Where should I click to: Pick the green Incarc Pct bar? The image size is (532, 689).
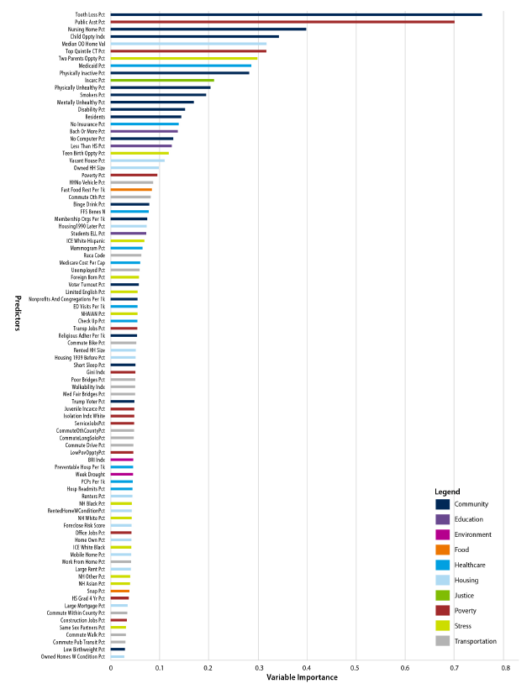(x=162, y=80)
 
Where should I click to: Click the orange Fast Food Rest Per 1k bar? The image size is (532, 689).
(x=131, y=190)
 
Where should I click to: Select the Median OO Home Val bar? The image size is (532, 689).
(x=188, y=44)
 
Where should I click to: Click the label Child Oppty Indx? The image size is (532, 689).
(x=88, y=36)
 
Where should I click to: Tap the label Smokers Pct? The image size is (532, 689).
(x=92, y=95)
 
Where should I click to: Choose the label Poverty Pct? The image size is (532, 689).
(x=93, y=175)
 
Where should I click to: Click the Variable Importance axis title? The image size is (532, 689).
(x=303, y=678)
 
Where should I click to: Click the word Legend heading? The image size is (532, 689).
(x=447, y=491)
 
